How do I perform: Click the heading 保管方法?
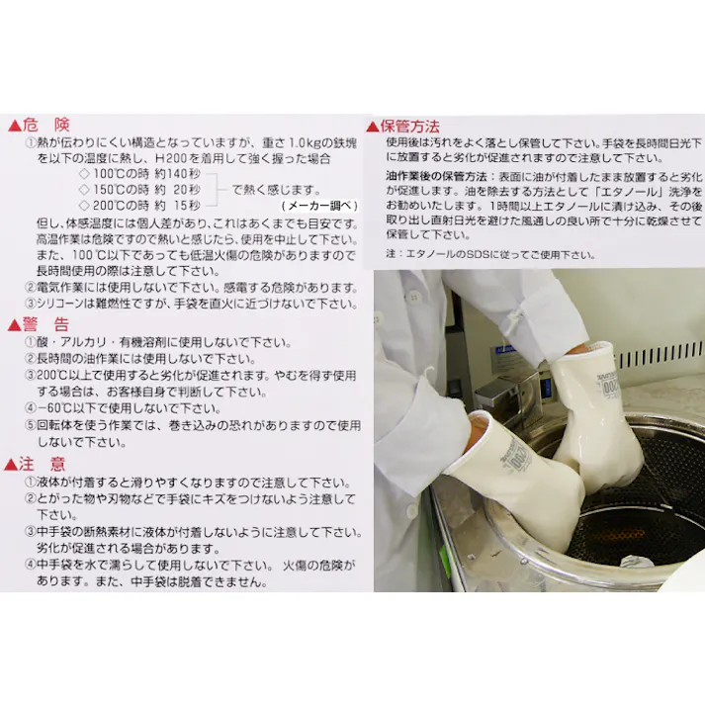coord(409,126)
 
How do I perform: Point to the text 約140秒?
coord(178,174)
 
